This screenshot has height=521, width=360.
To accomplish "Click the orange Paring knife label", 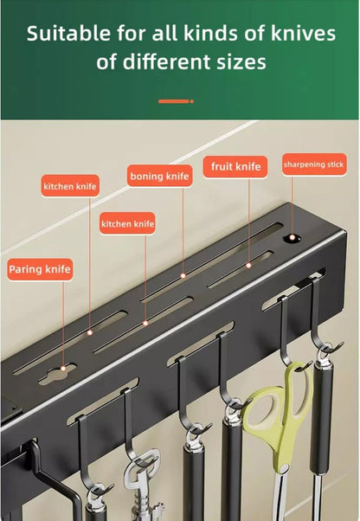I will point(39,269).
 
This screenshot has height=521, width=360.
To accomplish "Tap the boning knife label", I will point(158,177).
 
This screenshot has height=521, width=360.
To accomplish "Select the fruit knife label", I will point(235,167).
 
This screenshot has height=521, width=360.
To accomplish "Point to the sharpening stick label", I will point(313,164).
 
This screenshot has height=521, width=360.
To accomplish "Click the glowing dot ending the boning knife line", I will point(183,275).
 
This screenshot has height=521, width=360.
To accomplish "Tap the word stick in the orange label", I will point(334,164).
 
